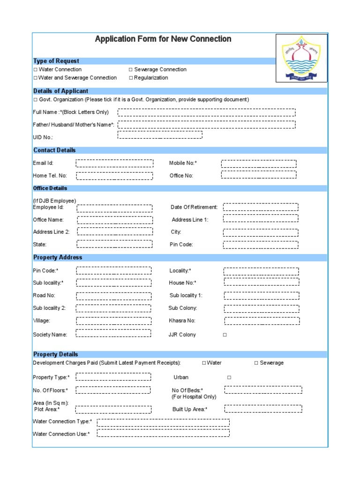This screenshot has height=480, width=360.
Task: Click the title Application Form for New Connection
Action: pyautogui.click(x=163, y=39)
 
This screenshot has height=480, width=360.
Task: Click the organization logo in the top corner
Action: pyautogui.click(x=301, y=58)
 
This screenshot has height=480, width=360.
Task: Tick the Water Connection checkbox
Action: pyautogui.click(x=35, y=69)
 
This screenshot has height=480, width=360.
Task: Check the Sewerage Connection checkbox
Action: pyautogui.click(x=131, y=69)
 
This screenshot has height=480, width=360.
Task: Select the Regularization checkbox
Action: pyautogui.click(x=131, y=78)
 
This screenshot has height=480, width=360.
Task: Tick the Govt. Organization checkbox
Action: pyautogui.click(x=35, y=100)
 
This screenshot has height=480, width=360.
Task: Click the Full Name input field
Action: pyautogui.click(x=206, y=112)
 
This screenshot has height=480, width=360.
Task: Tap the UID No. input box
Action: pyautogui.click(x=160, y=135)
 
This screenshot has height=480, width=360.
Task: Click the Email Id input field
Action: pyautogui.click(x=114, y=163)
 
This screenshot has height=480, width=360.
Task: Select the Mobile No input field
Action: pyautogui.click(x=259, y=164)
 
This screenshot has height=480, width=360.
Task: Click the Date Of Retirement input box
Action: pyautogui.click(x=261, y=207)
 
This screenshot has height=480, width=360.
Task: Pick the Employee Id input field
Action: pyautogui.click(x=114, y=208)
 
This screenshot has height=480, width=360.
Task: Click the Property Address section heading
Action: pyautogui.click(x=58, y=257)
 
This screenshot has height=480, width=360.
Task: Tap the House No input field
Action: pyautogui.click(x=261, y=282)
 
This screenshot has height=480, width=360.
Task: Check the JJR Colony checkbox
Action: pyautogui.click(x=225, y=335)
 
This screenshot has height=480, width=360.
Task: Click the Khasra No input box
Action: pyautogui.click(x=261, y=321)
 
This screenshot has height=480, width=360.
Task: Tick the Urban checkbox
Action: pyautogui.click(x=229, y=377)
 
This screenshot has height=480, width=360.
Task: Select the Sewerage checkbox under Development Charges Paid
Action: pyautogui.click(x=256, y=363)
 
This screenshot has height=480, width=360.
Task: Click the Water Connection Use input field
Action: pyautogui.click(x=163, y=433)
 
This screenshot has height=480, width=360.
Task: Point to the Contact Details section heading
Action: pyautogui.click(x=54, y=150)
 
